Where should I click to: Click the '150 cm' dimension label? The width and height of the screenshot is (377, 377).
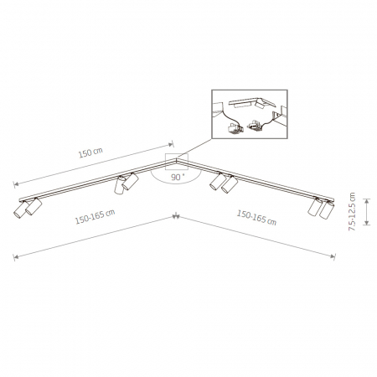(90, 152)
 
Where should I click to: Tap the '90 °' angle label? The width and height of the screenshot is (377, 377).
(178, 177)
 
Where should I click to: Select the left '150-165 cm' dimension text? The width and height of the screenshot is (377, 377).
(95, 216)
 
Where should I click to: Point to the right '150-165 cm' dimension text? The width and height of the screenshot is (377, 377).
(256, 218)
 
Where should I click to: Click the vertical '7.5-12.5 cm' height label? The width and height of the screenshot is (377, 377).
(352, 211)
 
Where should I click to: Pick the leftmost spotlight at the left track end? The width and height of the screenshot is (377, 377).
(20, 209)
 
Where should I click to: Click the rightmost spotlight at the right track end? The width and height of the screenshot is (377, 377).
(327, 209)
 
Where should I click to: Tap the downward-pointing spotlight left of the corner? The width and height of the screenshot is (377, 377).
(120, 185)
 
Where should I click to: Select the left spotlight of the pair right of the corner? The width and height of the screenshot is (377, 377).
(218, 182)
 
